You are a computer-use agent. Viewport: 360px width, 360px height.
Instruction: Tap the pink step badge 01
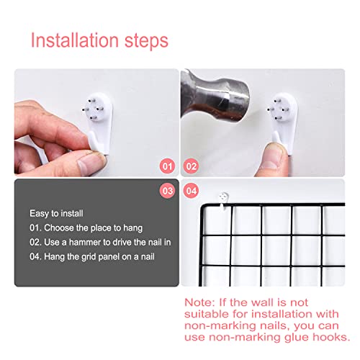coord(167,166)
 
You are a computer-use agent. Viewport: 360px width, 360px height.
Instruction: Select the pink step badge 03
coord(167,191)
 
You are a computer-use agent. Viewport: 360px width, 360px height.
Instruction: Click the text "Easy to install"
coord(56,214)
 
